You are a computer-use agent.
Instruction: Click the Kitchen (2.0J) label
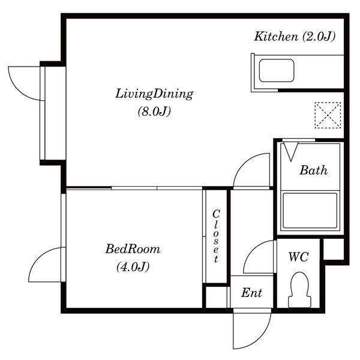[x=295, y=37]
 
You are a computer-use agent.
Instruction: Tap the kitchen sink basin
[x=277, y=70]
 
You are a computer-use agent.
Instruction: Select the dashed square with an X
[x=328, y=115]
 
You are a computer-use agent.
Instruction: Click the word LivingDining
[x=154, y=94]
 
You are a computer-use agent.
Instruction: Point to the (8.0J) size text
[x=154, y=112]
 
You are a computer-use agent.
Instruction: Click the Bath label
[x=313, y=170]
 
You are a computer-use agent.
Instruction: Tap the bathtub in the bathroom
[x=310, y=211]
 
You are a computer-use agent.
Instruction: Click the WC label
[x=298, y=257]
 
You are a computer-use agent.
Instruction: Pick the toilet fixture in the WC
[x=299, y=290]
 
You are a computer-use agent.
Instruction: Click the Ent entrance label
[x=251, y=293]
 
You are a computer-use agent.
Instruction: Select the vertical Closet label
[x=216, y=236]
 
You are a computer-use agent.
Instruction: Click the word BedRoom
[x=133, y=249]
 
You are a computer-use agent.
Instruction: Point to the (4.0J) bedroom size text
[x=133, y=267]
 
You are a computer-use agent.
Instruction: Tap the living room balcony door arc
[x=19, y=89]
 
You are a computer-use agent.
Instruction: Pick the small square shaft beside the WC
[x=334, y=250]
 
